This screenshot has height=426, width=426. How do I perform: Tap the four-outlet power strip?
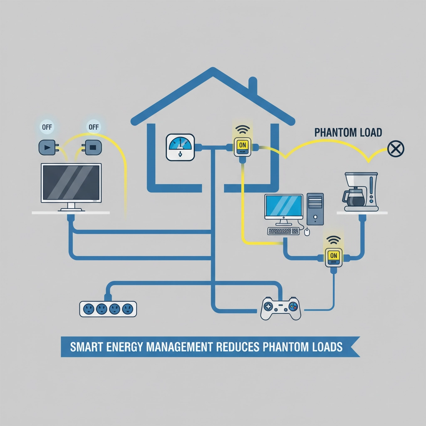click(x=108, y=308)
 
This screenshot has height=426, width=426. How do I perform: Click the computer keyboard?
click(x=283, y=230)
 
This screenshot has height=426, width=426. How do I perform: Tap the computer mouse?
click(x=307, y=232)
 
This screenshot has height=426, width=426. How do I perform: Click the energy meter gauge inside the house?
click(x=180, y=147)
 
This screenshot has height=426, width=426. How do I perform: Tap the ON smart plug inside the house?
click(x=241, y=146)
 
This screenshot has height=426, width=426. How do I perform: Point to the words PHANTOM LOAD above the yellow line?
click(x=348, y=133)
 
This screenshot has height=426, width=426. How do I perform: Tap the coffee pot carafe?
click(x=355, y=198)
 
